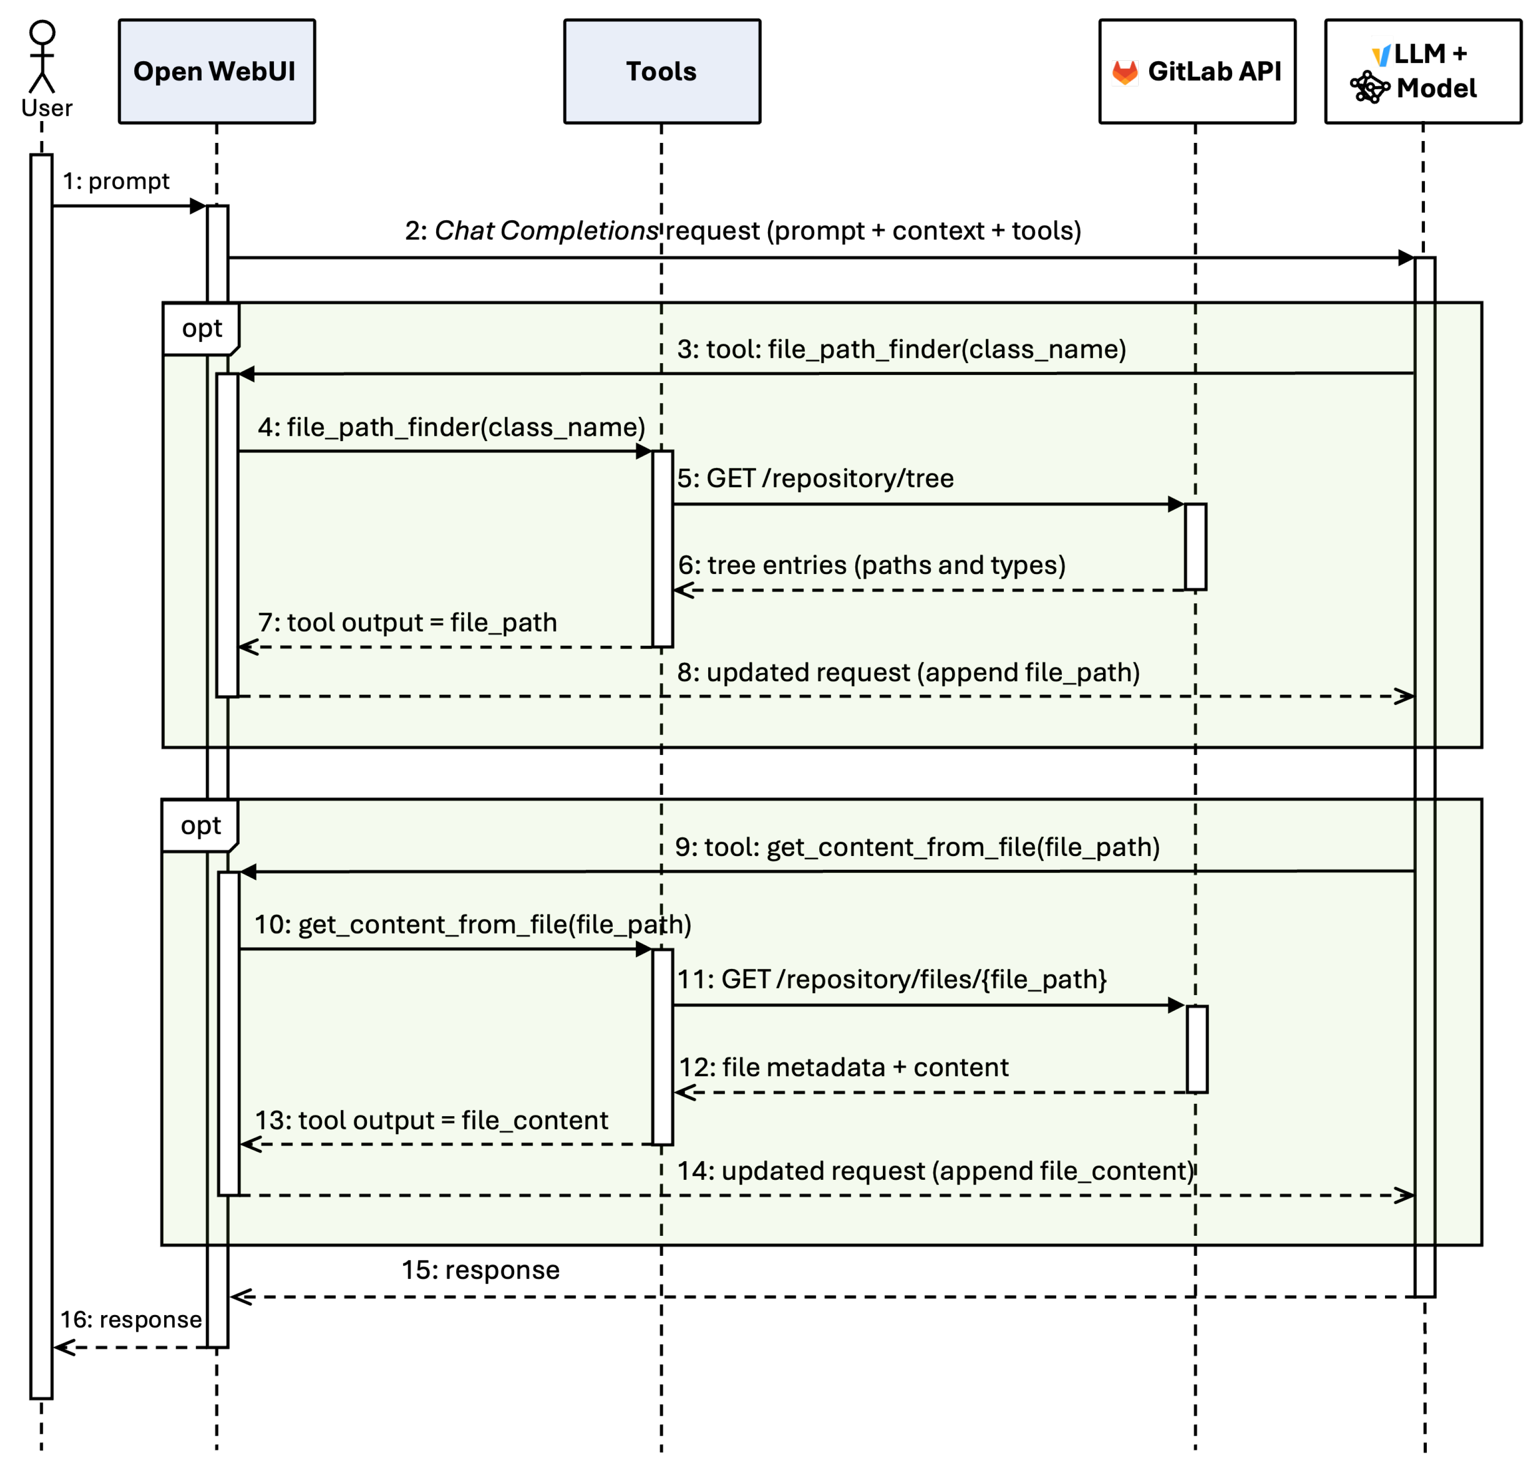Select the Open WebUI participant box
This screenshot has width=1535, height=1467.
click(216, 71)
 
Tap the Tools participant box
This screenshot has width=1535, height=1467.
click(662, 71)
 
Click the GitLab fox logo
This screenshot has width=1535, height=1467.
click(1124, 72)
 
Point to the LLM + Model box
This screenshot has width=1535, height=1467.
click(1423, 71)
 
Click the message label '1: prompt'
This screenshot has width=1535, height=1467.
click(116, 181)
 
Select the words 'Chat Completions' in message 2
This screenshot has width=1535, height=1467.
click(546, 231)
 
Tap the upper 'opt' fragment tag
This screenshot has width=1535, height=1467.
click(201, 329)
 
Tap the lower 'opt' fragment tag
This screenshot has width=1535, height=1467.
click(200, 825)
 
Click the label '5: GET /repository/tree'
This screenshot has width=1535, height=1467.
click(815, 478)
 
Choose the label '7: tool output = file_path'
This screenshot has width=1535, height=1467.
click(407, 622)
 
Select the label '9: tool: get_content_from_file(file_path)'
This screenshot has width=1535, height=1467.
click(917, 847)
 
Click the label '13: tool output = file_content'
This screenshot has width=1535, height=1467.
click(431, 1120)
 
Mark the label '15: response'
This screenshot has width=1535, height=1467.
click(481, 1270)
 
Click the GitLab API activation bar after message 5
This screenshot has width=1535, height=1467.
click(1196, 546)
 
